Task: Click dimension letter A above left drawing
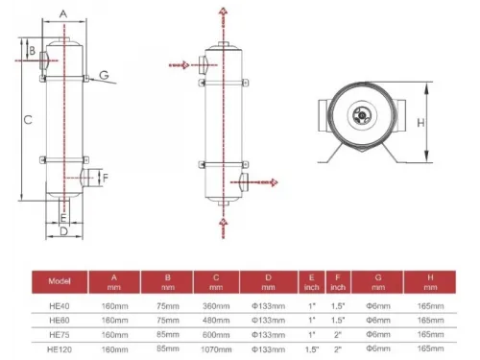pos(61,13)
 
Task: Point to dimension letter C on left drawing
pos(29,119)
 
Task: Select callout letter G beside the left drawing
pos(104,75)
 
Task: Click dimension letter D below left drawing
pos(62,231)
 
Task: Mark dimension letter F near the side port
pos(106,178)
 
